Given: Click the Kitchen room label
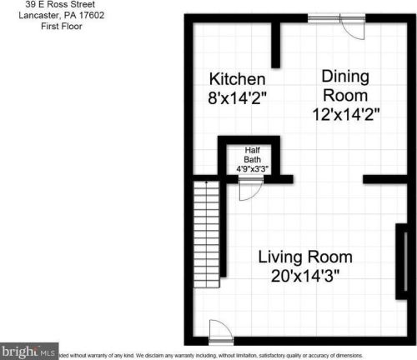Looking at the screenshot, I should [x=239, y=79].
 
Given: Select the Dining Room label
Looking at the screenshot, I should [x=345, y=84].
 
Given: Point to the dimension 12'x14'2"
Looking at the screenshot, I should [x=345, y=114].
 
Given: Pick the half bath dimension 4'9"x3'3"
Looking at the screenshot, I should [x=252, y=169].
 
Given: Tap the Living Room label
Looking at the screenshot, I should [x=304, y=256].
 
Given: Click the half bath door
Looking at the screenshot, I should [x=249, y=190].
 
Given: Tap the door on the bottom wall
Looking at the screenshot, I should [x=215, y=331].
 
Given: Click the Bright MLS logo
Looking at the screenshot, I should [x=28, y=352].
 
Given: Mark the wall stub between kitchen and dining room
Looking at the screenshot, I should [x=276, y=46].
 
